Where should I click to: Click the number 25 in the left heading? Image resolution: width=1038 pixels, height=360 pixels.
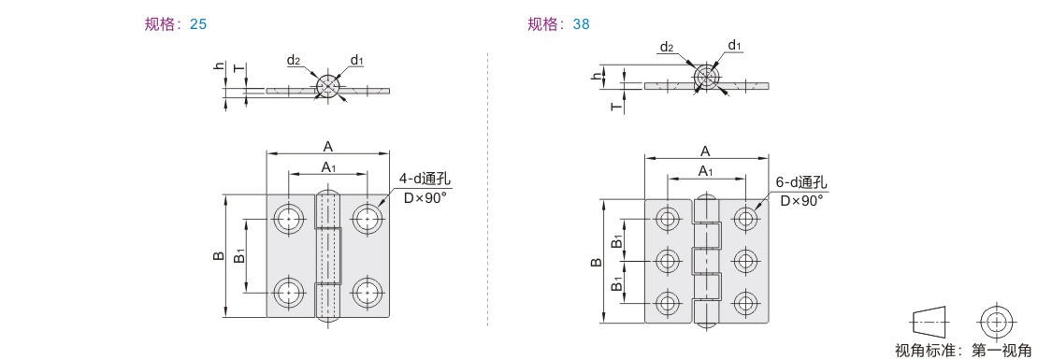coord(198,24)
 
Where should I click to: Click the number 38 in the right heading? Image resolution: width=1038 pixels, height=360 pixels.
coord(582,24)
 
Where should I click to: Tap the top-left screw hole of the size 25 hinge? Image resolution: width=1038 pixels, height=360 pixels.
coord(289,218)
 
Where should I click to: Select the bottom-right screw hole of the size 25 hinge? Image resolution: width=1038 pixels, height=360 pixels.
coord(367,292)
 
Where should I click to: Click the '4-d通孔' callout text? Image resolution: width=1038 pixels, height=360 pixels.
coord(425,180)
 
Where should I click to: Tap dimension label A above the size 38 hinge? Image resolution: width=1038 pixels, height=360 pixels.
coord(706,151)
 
